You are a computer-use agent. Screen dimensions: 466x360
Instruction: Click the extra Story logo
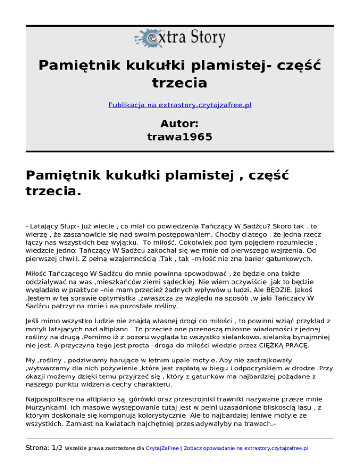(x=180, y=38)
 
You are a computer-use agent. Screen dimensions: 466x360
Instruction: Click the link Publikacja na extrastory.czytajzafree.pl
(x=180, y=105)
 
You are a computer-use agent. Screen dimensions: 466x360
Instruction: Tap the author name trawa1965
(x=180, y=137)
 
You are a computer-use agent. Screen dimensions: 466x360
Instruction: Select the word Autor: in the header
(x=180, y=123)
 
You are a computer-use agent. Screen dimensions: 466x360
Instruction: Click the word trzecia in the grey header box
(x=180, y=83)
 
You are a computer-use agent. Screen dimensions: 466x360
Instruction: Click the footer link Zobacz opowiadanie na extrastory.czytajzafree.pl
(x=247, y=448)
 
